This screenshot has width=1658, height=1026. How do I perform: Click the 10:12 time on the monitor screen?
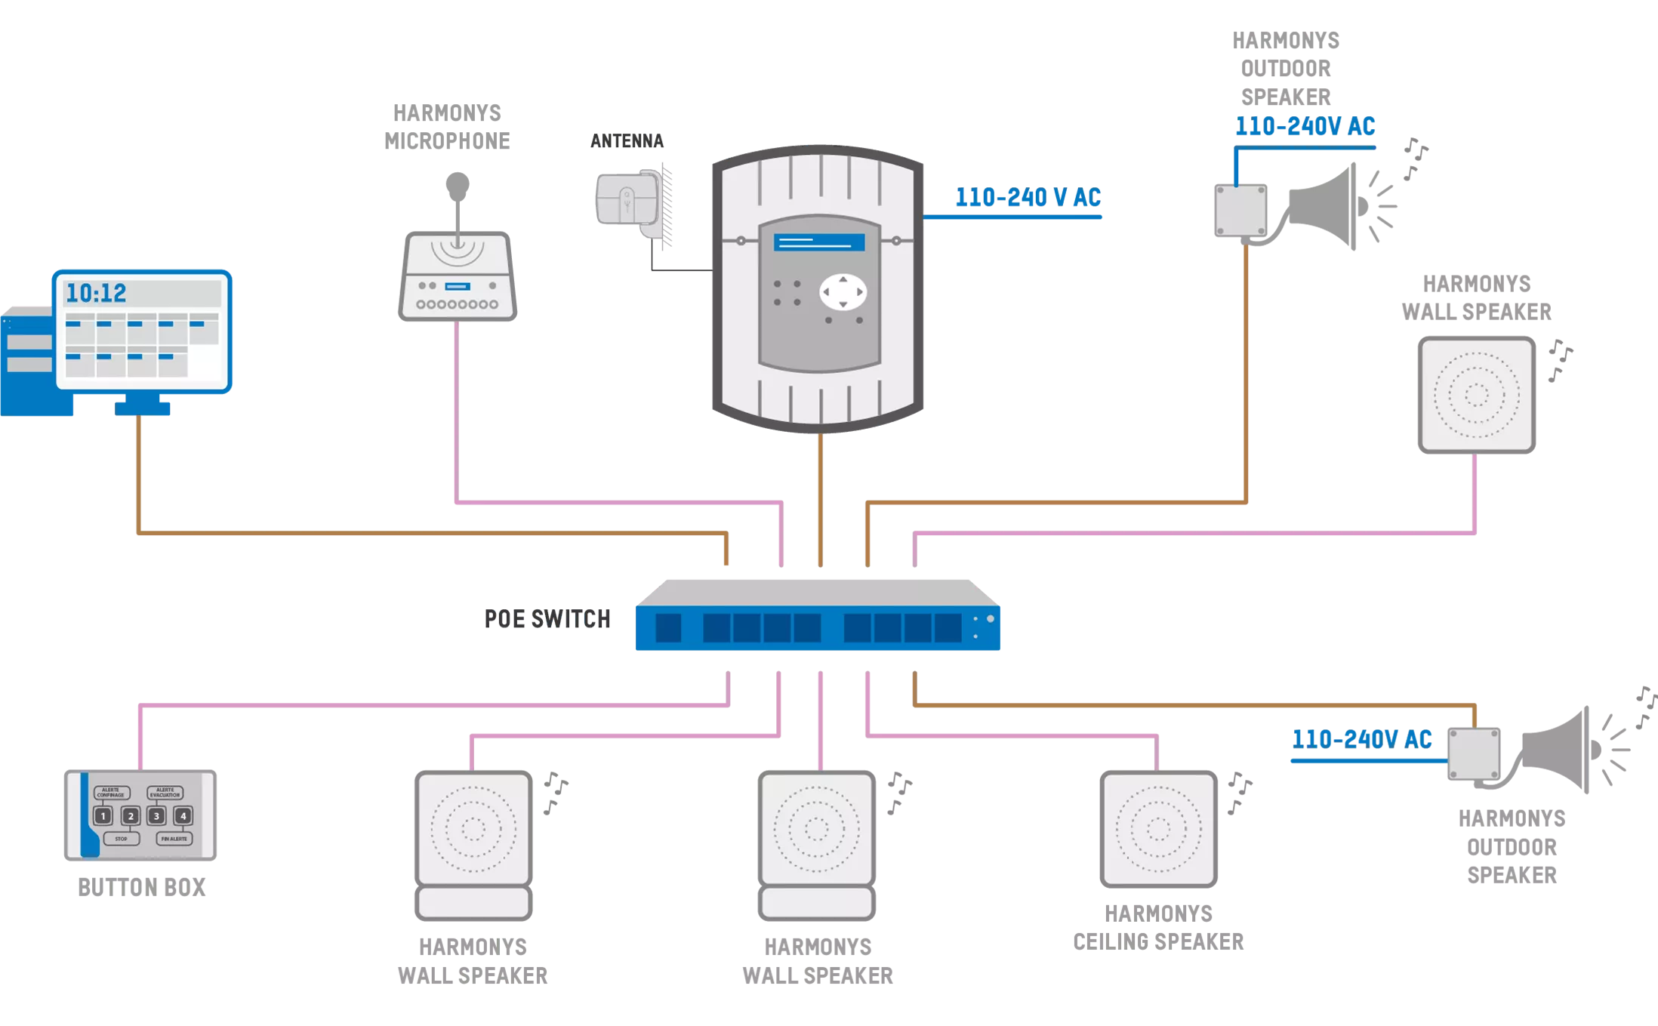[96, 293]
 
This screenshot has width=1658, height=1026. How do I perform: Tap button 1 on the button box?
[103, 816]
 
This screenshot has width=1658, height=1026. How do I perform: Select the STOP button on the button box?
[121, 839]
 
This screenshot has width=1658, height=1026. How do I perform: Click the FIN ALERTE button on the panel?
[174, 839]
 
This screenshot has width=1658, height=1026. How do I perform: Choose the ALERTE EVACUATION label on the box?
[165, 793]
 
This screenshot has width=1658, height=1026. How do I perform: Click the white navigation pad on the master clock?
[843, 292]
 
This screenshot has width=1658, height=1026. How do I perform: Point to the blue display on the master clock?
[818, 242]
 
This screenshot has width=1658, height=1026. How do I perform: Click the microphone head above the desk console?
[456, 183]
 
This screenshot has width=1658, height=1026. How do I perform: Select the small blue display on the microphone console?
[458, 286]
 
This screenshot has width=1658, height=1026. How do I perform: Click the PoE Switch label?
[546, 618]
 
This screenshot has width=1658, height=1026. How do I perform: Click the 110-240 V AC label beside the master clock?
[1028, 198]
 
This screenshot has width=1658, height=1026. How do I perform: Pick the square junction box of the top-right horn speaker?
[1240, 211]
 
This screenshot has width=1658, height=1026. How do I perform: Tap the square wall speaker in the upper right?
[1476, 395]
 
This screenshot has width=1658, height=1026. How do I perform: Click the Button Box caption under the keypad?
[144, 889]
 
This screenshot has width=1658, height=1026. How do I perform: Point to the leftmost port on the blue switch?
[668, 628]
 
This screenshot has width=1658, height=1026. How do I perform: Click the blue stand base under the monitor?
[143, 408]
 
